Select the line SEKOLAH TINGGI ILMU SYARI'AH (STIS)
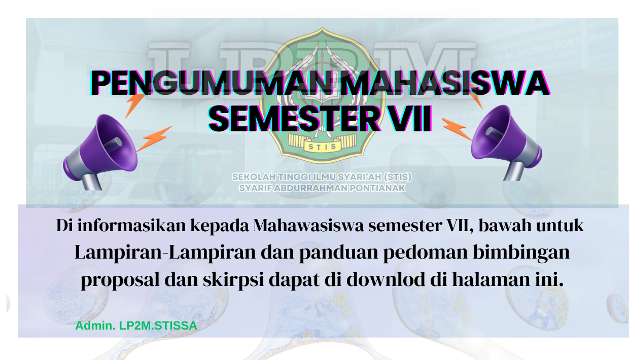tap(322, 177)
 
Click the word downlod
tap(384, 280)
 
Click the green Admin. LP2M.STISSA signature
tap(136, 326)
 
